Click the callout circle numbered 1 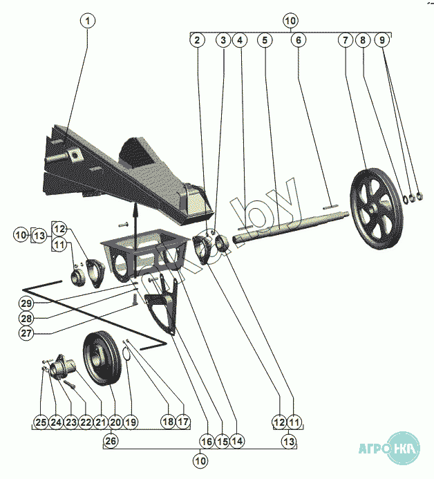coord(87,21)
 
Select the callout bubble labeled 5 coord(264,41)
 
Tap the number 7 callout coord(345,41)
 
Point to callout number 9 coord(382,41)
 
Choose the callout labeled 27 coord(27,332)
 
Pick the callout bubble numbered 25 coord(41,422)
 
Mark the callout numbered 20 coord(115,422)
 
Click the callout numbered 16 coord(205,440)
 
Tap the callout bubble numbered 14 coord(237,440)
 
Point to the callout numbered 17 coord(182,422)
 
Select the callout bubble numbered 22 coord(85,422)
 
